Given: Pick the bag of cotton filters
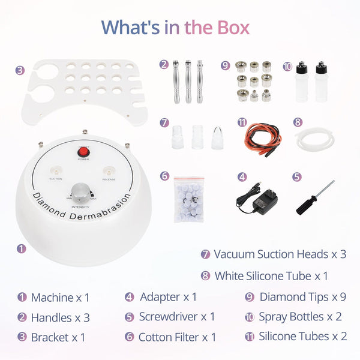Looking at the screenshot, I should pos(188,199).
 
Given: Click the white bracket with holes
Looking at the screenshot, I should pos(81,90).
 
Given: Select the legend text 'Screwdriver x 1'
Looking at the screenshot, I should pos(176,317).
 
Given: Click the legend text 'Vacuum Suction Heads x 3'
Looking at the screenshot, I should pos(280,254).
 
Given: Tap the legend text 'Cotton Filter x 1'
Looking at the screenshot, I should pos(176,337).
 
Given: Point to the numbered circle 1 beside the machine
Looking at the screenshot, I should pos(22,247).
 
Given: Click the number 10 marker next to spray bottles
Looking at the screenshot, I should pos(286,64).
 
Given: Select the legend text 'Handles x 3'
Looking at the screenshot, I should pos(60,317).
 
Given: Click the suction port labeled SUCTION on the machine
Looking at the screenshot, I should pos(55,171).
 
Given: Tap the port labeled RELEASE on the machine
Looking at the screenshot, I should pos(109,171).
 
